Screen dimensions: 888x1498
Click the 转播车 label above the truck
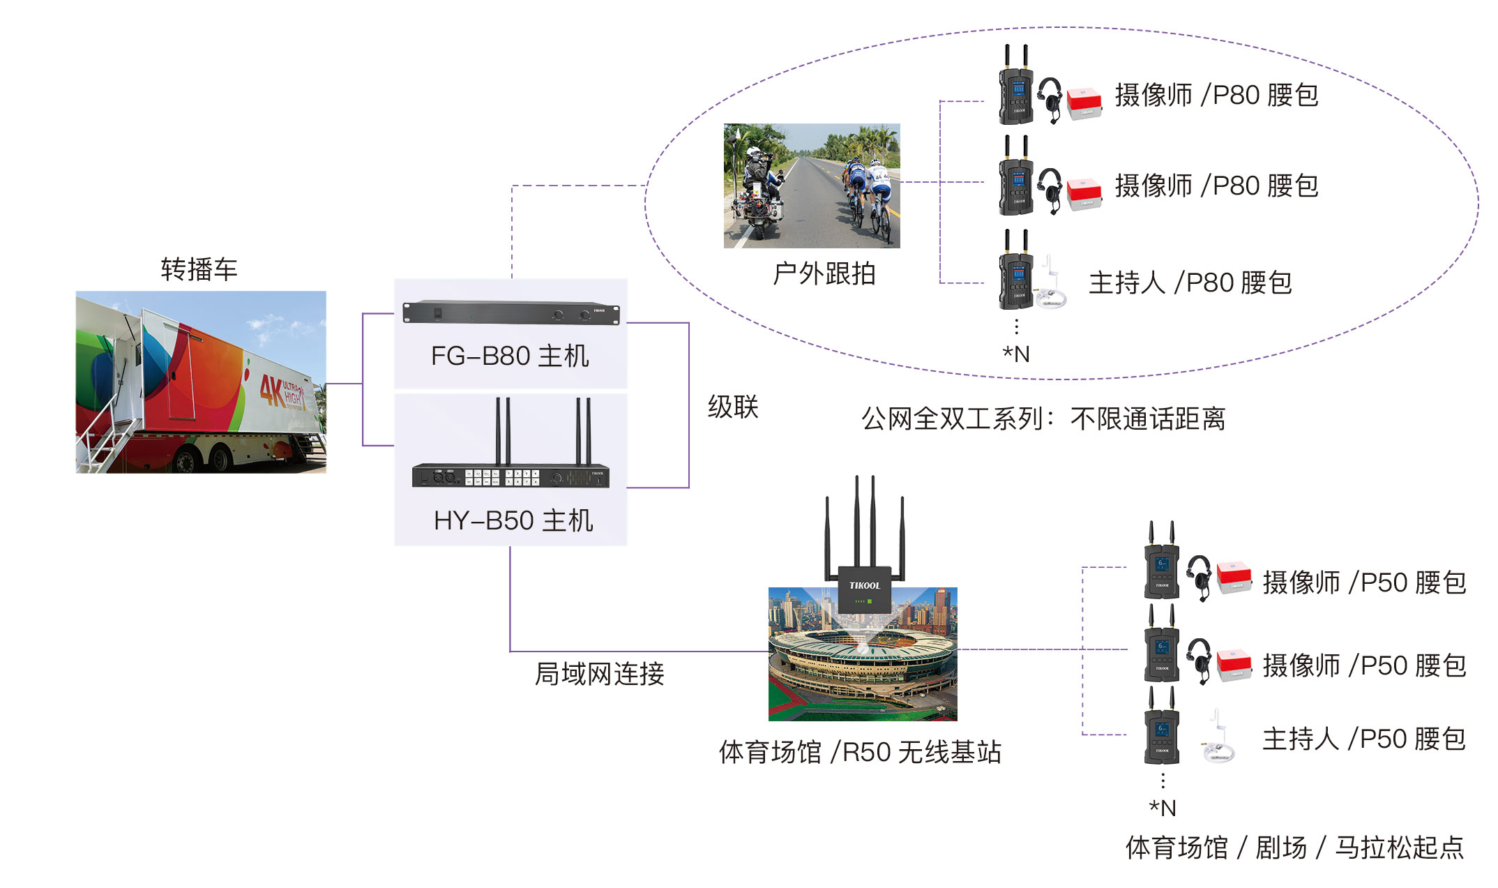(x=199, y=269)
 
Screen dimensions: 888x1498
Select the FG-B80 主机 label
(x=510, y=356)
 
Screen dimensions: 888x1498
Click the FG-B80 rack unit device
(x=510, y=313)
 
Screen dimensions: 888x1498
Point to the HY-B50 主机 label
(x=513, y=520)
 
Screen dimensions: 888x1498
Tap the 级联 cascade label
(x=732, y=407)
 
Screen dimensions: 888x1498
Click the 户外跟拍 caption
(x=824, y=274)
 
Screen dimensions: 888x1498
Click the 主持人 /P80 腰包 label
(x=1190, y=283)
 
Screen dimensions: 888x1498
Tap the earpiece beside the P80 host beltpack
(x=1050, y=286)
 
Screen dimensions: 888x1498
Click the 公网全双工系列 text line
(x=1043, y=419)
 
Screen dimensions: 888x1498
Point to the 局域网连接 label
(x=599, y=674)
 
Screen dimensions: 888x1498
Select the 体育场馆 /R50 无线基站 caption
(x=860, y=752)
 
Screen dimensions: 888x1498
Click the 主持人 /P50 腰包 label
(x=1364, y=739)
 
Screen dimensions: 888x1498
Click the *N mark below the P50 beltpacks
(x=1163, y=808)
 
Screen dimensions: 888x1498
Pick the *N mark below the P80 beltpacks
(x=1016, y=354)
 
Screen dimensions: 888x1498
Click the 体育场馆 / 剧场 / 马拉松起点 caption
(x=1294, y=848)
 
